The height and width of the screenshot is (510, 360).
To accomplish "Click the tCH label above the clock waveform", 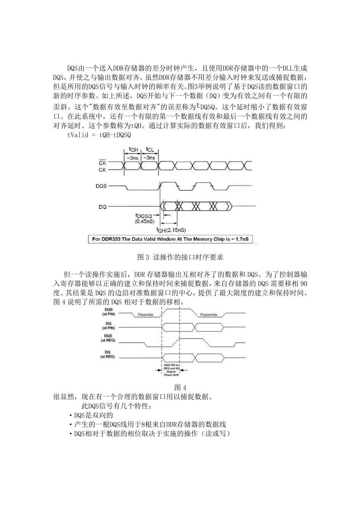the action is click(133, 150).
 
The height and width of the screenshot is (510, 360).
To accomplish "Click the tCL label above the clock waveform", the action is click(150, 150).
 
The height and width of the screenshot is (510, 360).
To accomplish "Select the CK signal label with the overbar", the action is click(102, 162).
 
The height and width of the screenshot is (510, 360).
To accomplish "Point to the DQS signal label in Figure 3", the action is click(102, 186).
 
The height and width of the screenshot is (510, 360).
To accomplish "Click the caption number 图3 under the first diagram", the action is click(143, 257).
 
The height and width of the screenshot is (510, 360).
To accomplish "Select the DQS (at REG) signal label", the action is click(108, 338).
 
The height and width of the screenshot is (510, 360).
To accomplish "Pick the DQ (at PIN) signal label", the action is click(108, 325).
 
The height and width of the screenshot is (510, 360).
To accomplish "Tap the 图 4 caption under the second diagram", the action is click(180, 388).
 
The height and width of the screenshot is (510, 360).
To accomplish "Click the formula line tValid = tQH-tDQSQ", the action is click(99, 135).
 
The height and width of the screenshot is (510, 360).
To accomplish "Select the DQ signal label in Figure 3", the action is click(102, 207).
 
